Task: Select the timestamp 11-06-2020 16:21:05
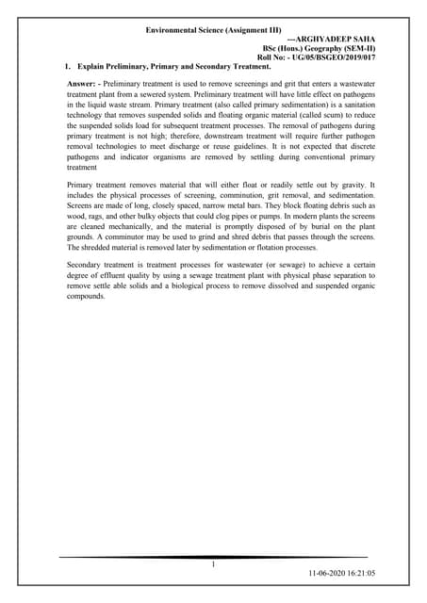click(341, 573)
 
